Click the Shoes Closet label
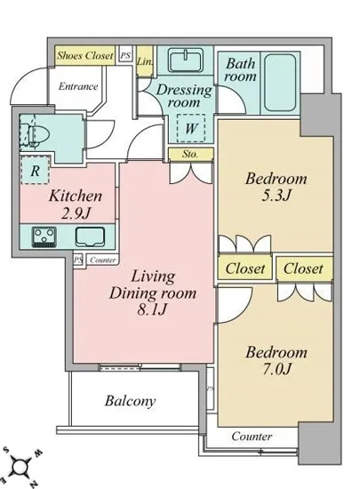point(84,55)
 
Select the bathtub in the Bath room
point(280,83)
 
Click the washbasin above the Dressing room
point(186,60)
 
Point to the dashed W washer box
point(191,128)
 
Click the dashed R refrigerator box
point(36,170)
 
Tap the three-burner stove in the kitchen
point(44,237)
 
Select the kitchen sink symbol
point(90,236)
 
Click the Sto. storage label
point(190,154)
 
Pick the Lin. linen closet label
point(145,61)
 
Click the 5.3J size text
point(276,196)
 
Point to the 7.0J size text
point(276,369)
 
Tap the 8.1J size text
point(152,309)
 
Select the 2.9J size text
point(76,213)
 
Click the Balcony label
point(130,401)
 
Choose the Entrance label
point(78,86)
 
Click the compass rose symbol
point(20,467)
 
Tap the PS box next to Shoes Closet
point(125,55)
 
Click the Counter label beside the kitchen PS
point(103,260)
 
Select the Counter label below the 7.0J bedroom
point(252,436)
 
